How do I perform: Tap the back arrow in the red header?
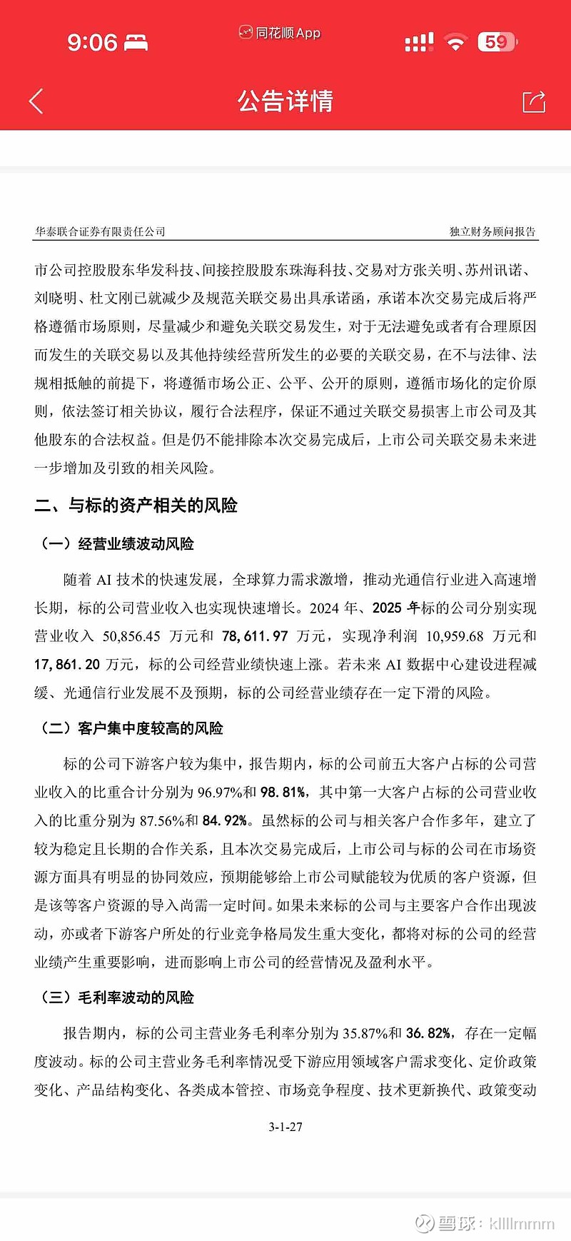[x=36, y=101]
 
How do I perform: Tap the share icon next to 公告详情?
[x=534, y=101]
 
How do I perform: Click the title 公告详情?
[x=285, y=101]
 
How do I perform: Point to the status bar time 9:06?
[x=92, y=42]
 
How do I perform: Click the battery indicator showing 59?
[x=497, y=42]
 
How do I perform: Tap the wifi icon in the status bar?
[x=455, y=42]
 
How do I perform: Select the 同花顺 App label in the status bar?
[x=281, y=33]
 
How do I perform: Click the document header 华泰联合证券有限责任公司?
[x=100, y=231]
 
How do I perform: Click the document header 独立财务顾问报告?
[x=492, y=231]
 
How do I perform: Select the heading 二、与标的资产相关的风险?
[x=136, y=506]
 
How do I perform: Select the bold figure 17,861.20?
[x=67, y=665]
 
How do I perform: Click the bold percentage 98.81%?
[x=284, y=792]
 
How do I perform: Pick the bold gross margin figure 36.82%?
[x=429, y=1033]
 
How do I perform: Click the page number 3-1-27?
[x=285, y=1127]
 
